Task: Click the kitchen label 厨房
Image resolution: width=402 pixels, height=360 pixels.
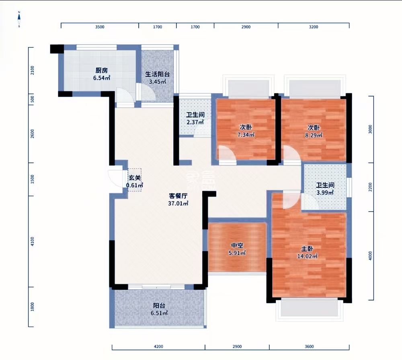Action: [x=102, y=70]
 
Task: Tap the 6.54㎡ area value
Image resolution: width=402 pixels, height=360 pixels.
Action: [x=102, y=78]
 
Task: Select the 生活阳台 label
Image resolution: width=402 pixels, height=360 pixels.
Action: [x=158, y=74]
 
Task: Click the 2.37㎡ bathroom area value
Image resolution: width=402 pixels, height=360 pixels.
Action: [x=195, y=122]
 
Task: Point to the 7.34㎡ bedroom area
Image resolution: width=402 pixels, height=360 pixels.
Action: [x=246, y=134]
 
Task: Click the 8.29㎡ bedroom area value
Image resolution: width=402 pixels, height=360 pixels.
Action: [x=314, y=135]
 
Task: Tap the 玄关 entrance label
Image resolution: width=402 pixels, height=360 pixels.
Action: [x=135, y=178]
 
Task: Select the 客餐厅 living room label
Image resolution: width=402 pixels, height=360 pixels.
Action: [x=178, y=196]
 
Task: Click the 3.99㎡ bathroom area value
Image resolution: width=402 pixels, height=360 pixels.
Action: [x=325, y=192]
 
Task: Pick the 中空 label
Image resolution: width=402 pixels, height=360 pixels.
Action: [x=237, y=245]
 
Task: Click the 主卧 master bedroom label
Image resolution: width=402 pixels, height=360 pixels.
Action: [x=307, y=249]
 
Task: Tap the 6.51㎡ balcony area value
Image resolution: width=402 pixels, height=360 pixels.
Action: [x=159, y=313]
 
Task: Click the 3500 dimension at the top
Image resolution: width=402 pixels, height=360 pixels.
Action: [x=100, y=27]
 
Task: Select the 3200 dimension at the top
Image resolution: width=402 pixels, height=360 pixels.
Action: [x=314, y=27]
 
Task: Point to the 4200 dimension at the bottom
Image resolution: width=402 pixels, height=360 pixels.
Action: [x=158, y=347]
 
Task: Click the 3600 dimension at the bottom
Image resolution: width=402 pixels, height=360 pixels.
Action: [x=309, y=347]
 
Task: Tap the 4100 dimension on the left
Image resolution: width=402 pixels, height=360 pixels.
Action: [x=32, y=241]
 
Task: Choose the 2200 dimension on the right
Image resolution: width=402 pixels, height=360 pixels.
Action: [x=370, y=187]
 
